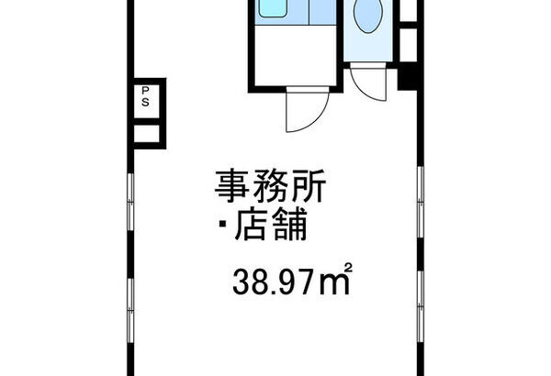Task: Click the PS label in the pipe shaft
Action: tap(145, 96)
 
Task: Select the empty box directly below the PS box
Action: tap(147, 134)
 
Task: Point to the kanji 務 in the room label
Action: tap(271, 186)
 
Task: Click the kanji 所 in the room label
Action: tap(309, 186)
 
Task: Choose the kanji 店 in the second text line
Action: tap(250, 224)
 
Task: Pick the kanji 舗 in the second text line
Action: tap(289, 224)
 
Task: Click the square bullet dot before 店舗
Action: tap(223, 224)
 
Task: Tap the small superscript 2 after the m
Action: tap(347, 268)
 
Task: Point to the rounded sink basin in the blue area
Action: tap(273, 7)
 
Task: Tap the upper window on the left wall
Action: tap(130, 202)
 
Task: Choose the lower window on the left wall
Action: tap(130, 310)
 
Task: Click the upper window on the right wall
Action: tap(421, 202)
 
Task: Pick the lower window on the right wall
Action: tap(421, 306)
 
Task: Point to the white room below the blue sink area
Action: tap(295, 55)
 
